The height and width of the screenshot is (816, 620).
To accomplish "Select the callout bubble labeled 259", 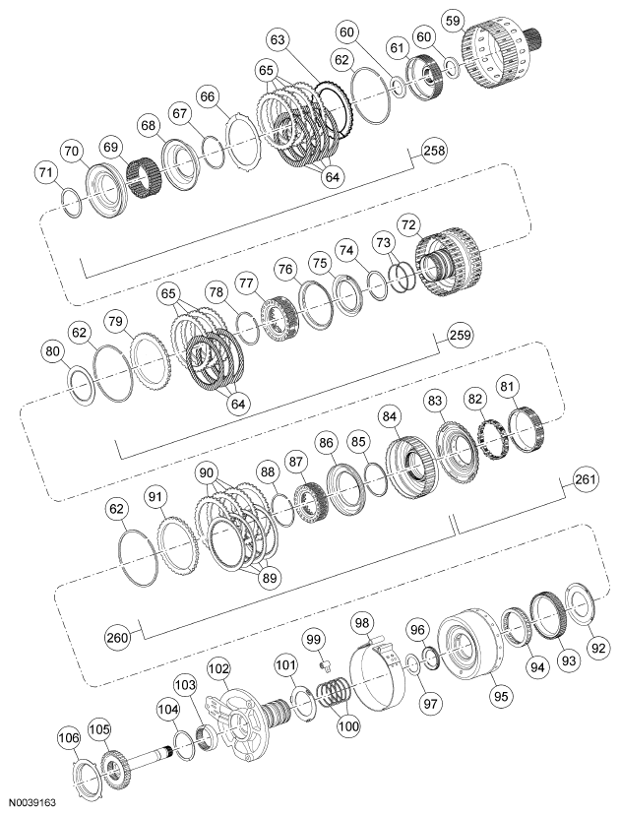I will (461, 336).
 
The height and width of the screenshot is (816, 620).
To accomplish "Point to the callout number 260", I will (118, 636).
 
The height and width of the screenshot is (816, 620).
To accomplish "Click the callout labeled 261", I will (586, 479).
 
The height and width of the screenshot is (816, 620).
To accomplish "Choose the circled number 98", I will (364, 625).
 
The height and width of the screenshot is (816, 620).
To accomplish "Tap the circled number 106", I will (68, 736).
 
